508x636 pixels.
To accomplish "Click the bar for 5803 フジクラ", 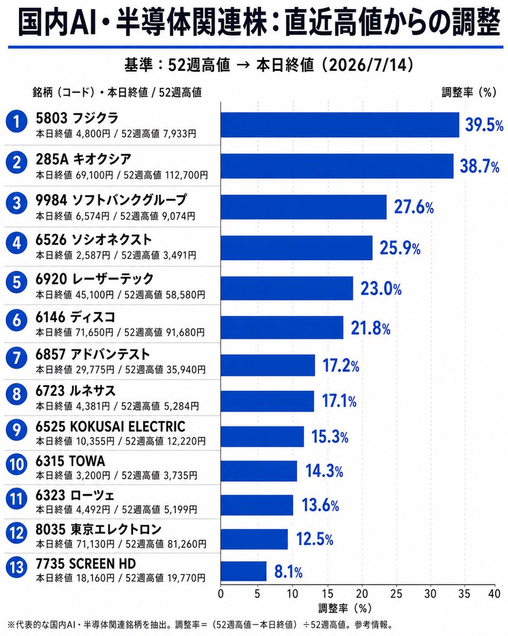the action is (340, 125).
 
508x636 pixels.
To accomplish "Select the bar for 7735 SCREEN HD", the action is (243, 571).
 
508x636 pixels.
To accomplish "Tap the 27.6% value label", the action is (414, 207).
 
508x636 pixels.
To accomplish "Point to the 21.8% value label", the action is (370, 328).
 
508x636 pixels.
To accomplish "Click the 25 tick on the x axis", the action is (397, 594).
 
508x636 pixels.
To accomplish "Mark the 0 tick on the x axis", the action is (221, 594).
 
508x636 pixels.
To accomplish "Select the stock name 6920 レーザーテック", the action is (95, 279).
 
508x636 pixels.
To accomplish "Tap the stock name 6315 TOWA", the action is (70, 461).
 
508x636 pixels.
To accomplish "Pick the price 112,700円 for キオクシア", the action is (186, 175).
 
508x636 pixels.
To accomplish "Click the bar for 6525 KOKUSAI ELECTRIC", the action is (262, 437).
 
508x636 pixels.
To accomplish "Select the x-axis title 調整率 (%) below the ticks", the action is (344, 608).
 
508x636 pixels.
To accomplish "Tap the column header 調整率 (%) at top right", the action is (469, 93).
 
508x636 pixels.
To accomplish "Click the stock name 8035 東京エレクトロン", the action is (98, 529).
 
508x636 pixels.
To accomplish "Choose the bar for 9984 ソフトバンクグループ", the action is (304, 207).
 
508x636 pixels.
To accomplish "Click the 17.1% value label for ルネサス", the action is (339, 401).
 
